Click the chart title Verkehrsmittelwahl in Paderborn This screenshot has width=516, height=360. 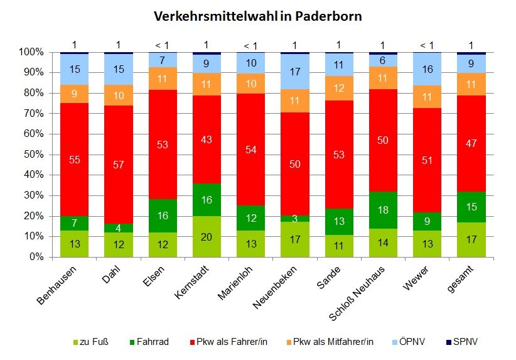258,16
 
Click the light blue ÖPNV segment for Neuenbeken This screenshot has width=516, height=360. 295,72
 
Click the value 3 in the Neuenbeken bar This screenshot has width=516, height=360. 295,218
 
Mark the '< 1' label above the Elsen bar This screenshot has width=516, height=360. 162,45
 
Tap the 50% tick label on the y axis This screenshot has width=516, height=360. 31,155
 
